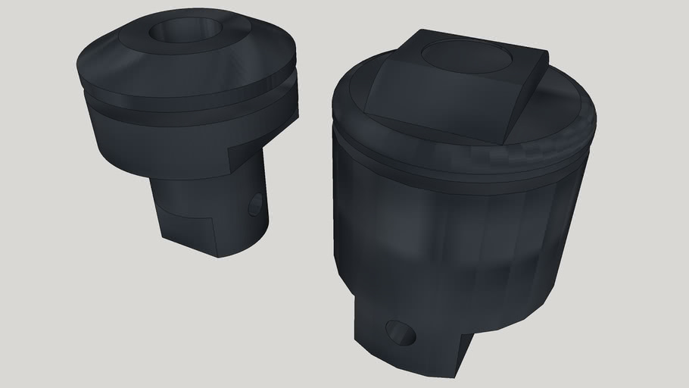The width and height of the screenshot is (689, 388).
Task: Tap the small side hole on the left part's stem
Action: point(257,204)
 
